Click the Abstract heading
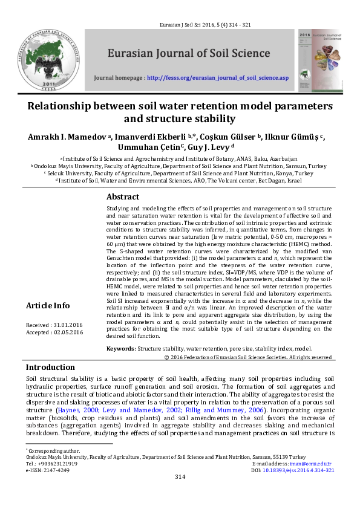[123, 197]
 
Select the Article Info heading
[48, 306]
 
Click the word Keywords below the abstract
[120, 349]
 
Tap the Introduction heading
[50, 368]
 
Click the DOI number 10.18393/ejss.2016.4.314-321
[299, 470]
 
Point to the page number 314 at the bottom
[180, 477]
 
